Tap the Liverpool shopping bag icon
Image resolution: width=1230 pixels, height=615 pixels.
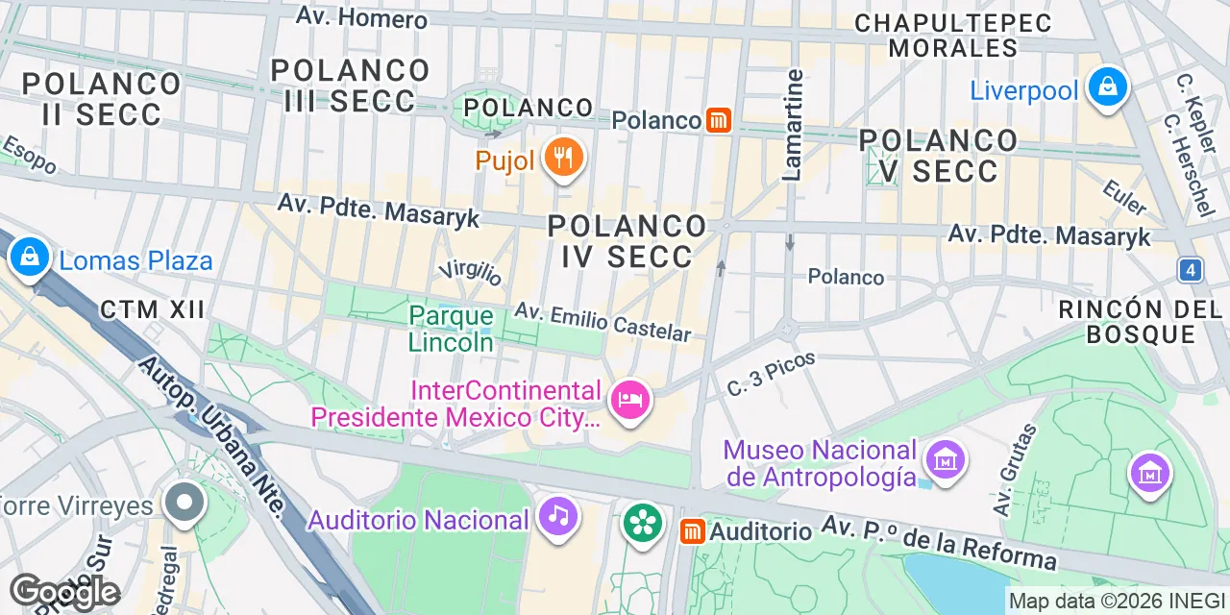click(1108, 88)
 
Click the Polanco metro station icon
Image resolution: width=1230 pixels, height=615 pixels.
click(719, 120)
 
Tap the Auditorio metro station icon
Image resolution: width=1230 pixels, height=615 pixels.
click(691, 531)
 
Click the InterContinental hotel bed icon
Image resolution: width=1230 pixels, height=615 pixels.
click(630, 401)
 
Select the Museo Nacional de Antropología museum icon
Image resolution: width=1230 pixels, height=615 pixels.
click(945, 460)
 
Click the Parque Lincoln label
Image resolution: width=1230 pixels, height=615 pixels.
click(451, 329)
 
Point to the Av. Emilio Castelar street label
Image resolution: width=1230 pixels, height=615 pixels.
click(603, 322)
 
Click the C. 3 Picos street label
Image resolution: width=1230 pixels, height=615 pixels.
click(772, 374)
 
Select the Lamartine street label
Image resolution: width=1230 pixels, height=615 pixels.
click(793, 125)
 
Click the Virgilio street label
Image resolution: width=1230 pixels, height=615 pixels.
click(471, 273)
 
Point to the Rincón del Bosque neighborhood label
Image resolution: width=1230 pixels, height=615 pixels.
click(1141, 322)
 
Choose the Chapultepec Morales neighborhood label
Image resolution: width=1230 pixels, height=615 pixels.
click(953, 35)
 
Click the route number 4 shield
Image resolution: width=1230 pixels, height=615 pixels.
click(1191, 270)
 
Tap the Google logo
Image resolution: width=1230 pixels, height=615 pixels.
click(64, 593)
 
